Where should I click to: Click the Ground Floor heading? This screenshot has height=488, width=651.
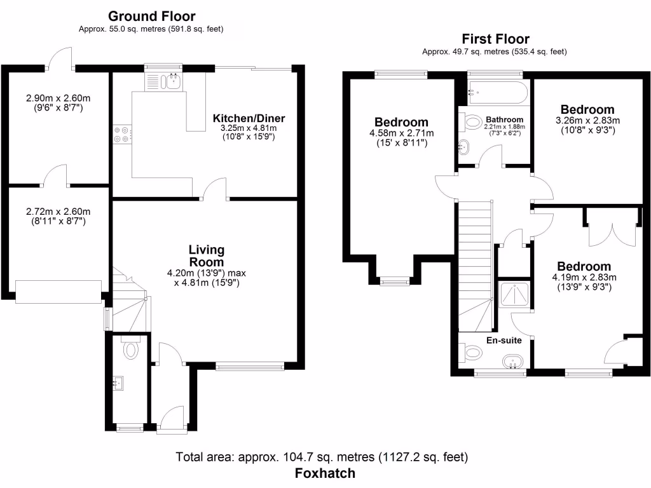tap(151, 17)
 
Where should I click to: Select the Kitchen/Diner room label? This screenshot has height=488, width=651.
tap(249, 118)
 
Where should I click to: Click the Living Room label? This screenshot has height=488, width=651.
tap(206, 255)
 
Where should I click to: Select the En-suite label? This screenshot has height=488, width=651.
tap(504, 341)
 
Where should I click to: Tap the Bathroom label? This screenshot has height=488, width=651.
tap(504, 119)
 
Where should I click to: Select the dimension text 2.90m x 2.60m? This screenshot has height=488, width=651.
tap(58, 98)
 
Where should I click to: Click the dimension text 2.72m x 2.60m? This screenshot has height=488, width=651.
tap(58, 212)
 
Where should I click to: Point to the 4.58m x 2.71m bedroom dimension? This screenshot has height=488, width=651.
tap(401, 133)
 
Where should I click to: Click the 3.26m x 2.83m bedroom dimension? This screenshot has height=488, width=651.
tap(587, 121)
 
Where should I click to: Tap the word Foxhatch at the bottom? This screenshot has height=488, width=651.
tap(325, 473)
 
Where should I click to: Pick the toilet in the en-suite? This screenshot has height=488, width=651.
tap(473, 351)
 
